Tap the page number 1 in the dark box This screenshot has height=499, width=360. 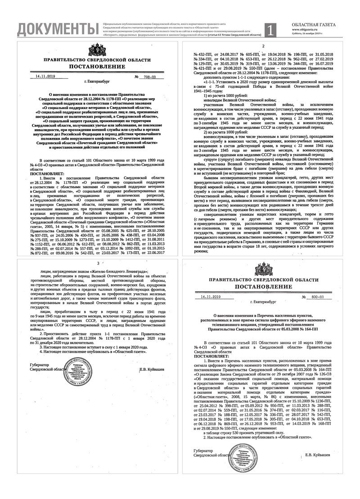click(x=270, y=30)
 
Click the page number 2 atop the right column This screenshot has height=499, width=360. click(x=263, y=46)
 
